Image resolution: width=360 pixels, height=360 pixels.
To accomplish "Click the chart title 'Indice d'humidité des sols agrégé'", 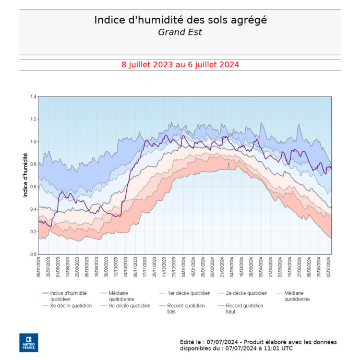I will (180, 20).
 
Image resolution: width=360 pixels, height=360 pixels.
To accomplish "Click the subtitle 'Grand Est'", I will (180, 32).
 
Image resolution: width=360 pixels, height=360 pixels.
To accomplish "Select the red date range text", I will (180, 65).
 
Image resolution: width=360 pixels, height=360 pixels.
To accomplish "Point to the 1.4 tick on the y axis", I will (33, 97).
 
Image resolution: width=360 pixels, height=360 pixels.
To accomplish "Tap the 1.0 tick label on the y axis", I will (33, 142).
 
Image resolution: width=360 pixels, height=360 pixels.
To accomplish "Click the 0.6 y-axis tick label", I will (33, 187).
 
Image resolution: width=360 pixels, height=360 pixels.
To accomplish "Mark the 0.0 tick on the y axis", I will (33, 254).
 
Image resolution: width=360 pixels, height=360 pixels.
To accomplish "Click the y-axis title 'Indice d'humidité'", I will (26, 175).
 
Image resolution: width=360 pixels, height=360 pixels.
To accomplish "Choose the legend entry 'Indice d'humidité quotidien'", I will (68, 296).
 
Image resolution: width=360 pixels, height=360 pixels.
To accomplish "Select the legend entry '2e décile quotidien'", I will (246, 293).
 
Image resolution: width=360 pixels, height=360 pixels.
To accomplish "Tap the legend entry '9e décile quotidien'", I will (129, 306).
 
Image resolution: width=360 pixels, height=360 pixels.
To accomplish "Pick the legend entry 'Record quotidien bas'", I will (186, 308).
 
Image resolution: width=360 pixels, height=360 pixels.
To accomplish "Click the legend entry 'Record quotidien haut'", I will (244, 308).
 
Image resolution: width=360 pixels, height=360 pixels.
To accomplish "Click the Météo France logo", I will (29, 342).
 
